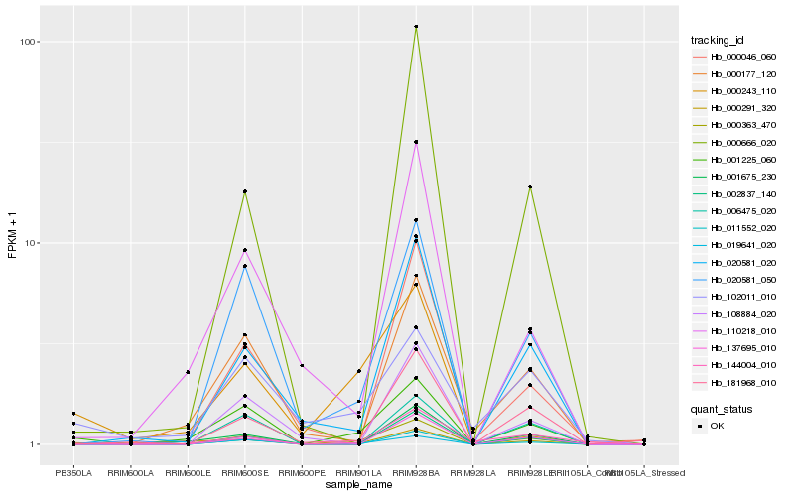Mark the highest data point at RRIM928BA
416,27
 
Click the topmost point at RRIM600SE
244,191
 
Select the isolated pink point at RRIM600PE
302,365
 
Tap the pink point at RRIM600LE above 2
188,372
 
